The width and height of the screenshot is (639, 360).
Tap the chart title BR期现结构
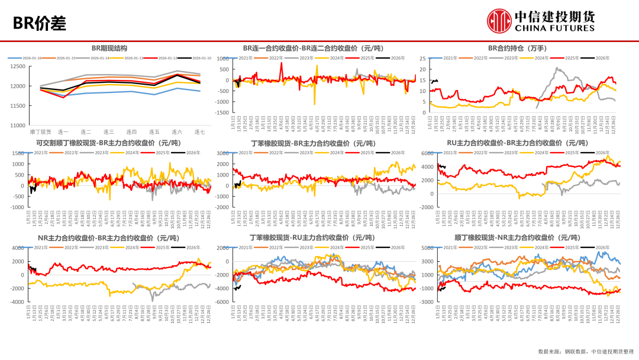(109, 48)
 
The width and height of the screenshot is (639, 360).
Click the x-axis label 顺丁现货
(40, 131)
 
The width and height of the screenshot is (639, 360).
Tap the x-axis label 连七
(200, 131)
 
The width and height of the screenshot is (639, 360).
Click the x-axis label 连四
(131, 131)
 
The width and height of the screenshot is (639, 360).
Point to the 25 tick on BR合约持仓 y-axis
(422, 59)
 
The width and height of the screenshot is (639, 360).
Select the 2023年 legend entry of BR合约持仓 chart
(512, 58)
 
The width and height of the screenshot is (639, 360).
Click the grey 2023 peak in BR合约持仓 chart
(557, 68)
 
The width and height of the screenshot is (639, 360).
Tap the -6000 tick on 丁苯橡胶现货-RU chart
(222, 302)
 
